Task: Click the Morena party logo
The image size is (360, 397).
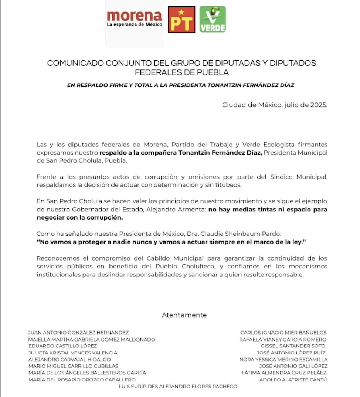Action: (135, 19)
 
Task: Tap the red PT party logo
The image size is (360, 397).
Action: (181, 19)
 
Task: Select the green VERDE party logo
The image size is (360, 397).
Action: (213, 19)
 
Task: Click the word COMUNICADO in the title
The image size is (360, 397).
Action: (71, 63)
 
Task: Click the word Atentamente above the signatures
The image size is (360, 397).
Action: (184, 315)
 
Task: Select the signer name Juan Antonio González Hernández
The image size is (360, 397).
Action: (78, 333)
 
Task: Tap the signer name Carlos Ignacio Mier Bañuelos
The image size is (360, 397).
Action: (283, 333)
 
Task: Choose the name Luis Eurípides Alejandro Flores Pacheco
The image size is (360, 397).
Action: (178, 387)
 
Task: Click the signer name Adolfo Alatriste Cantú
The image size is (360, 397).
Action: (293, 380)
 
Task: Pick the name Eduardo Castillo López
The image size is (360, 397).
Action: (62, 346)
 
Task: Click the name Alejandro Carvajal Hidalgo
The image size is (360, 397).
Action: (69, 359)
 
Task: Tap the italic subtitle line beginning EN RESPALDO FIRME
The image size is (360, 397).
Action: (180, 85)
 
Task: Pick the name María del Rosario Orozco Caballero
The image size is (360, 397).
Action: (82, 380)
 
